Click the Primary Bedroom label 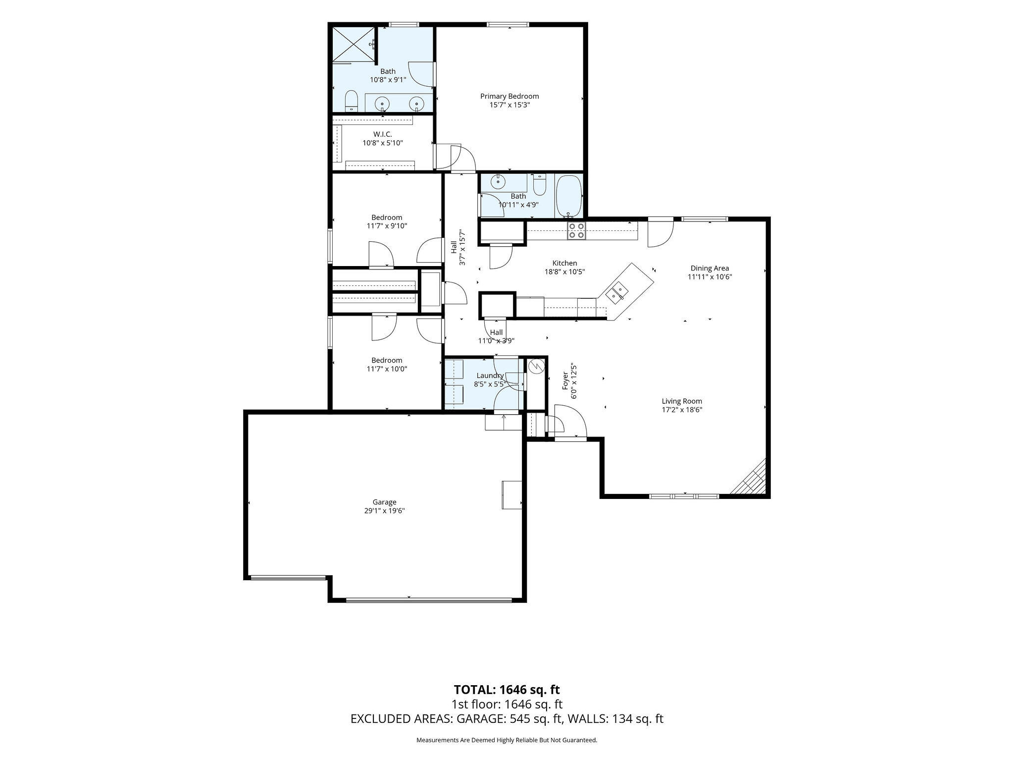(509, 96)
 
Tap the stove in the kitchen (576, 231)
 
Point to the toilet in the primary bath (351, 101)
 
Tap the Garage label (385, 502)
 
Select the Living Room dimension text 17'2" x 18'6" (682, 410)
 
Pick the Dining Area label (710, 269)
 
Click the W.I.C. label (383, 134)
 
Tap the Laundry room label (490, 376)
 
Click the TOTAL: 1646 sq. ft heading (507, 690)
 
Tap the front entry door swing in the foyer (570, 421)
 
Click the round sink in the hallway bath (498, 182)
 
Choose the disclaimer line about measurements (507, 740)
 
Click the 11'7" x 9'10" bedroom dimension (387, 226)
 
